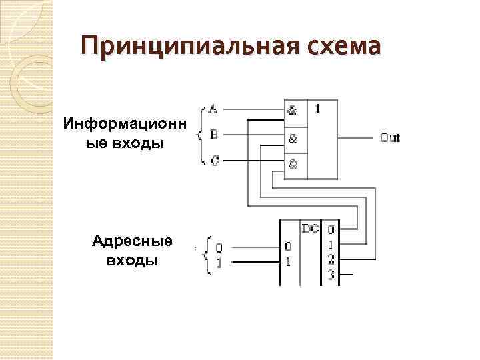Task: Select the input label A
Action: click(x=213, y=108)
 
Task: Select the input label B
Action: click(x=213, y=134)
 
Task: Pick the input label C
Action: click(x=213, y=160)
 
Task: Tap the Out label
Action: click(x=390, y=138)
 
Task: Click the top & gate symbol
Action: click(x=293, y=112)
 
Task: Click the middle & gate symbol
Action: click(x=293, y=139)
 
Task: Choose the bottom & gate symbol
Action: click(x=293, y=163)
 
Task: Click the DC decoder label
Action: click(x=310, y=229)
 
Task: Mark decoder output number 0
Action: click(x=331, y=230)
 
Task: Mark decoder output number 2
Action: click(x=331, y=258)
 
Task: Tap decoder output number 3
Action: click(x=331, y=273)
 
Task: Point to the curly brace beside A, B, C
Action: click(x=201, y=134)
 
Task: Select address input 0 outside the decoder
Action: click(x=219, y=247)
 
